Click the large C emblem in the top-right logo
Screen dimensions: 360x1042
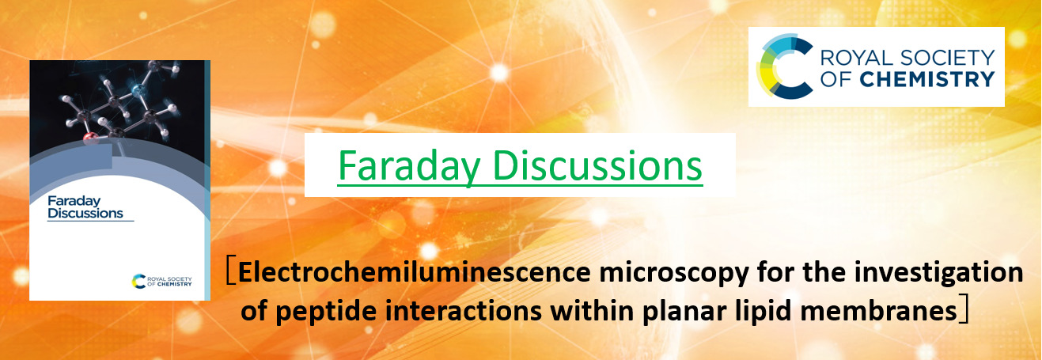[779, 66]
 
